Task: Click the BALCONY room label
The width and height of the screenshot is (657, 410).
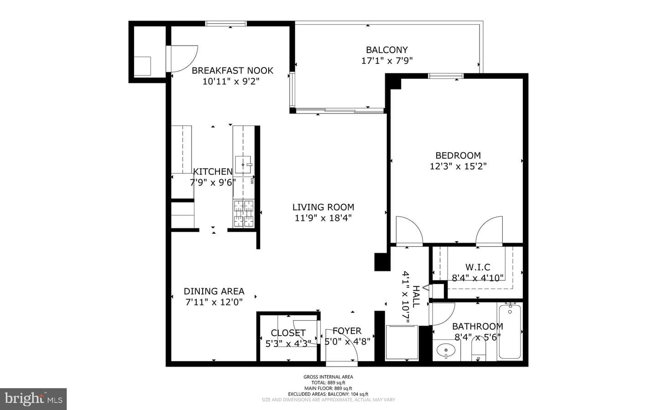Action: [x=386, y=50]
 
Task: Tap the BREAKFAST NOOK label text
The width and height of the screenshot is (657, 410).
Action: [x=232, y=71]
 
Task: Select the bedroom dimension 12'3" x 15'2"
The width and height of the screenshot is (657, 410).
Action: [x=458, y=166]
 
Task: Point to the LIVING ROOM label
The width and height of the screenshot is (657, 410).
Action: [x=323, y=208]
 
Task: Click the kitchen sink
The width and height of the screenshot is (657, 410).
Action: [x=243, y=165]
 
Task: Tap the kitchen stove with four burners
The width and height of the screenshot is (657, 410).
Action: [x=244, y=213]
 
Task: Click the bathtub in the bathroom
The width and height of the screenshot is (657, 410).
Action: [x=510, y=332]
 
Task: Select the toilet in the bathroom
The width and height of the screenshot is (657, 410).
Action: [x=479, y=349]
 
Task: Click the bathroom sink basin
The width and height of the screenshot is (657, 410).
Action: [x=446, y=350]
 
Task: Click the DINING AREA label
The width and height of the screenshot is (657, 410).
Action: [x=214, y=291]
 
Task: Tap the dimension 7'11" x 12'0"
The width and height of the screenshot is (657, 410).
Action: [x=214, y=302]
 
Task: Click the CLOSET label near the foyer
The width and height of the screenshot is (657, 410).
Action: [x=288, y=333]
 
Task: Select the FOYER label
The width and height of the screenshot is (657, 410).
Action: [x=347, y=331]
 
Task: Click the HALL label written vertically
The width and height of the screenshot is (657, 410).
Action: [x=416, y=296]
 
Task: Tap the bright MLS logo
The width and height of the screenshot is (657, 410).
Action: [x=33, y=399]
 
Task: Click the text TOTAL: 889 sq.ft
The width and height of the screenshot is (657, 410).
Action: [x=328, y=383]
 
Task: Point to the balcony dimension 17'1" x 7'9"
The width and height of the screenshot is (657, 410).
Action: [x=387, y=61]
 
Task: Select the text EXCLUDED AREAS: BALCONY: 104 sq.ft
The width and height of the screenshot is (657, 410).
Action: [x=328, y=394]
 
